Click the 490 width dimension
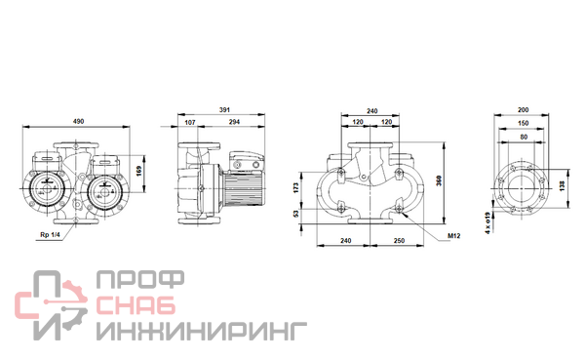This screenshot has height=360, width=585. point(78,121)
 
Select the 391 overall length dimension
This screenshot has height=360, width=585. point(224,110)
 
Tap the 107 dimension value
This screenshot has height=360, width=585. point(190,122)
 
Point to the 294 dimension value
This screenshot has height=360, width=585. point(234,122)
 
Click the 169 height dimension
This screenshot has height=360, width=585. point(139,172)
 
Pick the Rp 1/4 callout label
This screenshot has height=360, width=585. point(50,235)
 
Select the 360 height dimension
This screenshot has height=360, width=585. point(439,180)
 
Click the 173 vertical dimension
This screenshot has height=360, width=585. point(296,188)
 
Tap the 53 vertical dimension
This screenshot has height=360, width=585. point(296,214)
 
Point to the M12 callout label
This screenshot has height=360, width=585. point(454,236)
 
